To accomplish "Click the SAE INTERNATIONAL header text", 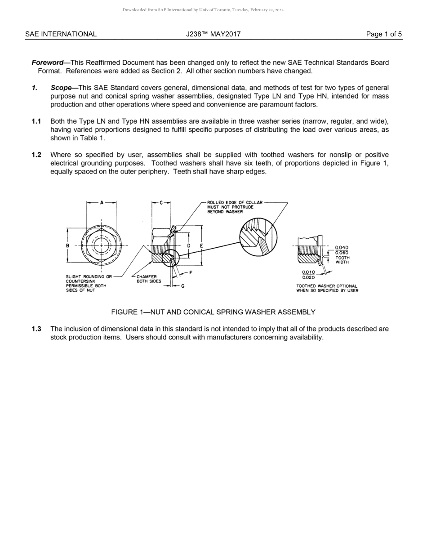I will coord(61,34).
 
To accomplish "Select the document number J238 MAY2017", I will coord(213,34).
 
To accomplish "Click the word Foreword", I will coord(47,62).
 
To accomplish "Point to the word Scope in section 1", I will coord(61,88).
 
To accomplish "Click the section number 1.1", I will coord(36,121).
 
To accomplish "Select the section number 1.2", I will coord(36,155).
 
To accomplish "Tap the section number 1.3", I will coord(36,329).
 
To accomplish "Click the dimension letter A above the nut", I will coord(102,203).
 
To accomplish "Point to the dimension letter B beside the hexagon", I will coord(67,246).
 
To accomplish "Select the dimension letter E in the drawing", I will coord(201,246).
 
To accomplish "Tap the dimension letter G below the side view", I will coord(182,286).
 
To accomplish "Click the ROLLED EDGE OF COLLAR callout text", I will coord(235,207).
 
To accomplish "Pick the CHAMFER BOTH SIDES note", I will coord(149,279).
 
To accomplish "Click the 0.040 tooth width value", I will coord(342,248).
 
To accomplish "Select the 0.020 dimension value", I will coord(308,277).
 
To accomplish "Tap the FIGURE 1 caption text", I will coord(213,312).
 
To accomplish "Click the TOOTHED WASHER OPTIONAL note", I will coord(327,288).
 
